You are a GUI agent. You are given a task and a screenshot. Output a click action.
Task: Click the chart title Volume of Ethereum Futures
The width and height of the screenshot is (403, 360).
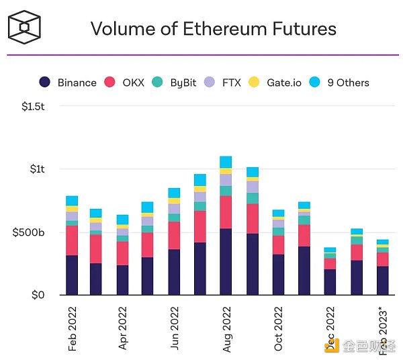[213, 29]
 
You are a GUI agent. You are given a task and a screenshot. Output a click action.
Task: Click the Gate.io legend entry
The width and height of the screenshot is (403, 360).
[275, 83]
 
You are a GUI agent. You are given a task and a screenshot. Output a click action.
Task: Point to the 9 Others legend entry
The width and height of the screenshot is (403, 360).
[341, 83]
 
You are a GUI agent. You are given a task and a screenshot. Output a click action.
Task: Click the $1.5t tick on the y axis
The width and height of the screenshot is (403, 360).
[32, 106]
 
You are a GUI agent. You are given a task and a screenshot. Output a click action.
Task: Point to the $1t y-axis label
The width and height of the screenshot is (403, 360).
[37, 169]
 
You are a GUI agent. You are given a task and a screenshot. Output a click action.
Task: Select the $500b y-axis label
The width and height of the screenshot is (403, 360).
[28, 232]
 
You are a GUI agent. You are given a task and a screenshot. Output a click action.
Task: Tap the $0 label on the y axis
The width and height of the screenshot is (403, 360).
[38, 295]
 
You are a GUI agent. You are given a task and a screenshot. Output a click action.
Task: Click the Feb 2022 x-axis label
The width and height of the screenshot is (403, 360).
[72, 328]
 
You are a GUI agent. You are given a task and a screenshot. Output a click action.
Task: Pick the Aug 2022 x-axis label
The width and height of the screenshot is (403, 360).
[226, 328]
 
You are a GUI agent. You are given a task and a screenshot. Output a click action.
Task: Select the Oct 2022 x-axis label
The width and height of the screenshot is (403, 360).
[278, 328]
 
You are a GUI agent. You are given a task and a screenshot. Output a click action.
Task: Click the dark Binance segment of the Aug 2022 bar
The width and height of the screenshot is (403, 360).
[226, 262]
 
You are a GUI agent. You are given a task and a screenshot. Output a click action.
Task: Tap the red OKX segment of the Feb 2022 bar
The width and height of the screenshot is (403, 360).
[72, 240]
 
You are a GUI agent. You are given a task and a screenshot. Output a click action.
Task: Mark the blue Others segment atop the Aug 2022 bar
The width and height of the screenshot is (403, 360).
[226, 162]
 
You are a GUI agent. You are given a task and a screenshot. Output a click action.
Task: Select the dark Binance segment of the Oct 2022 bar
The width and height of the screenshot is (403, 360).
[278, 275]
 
